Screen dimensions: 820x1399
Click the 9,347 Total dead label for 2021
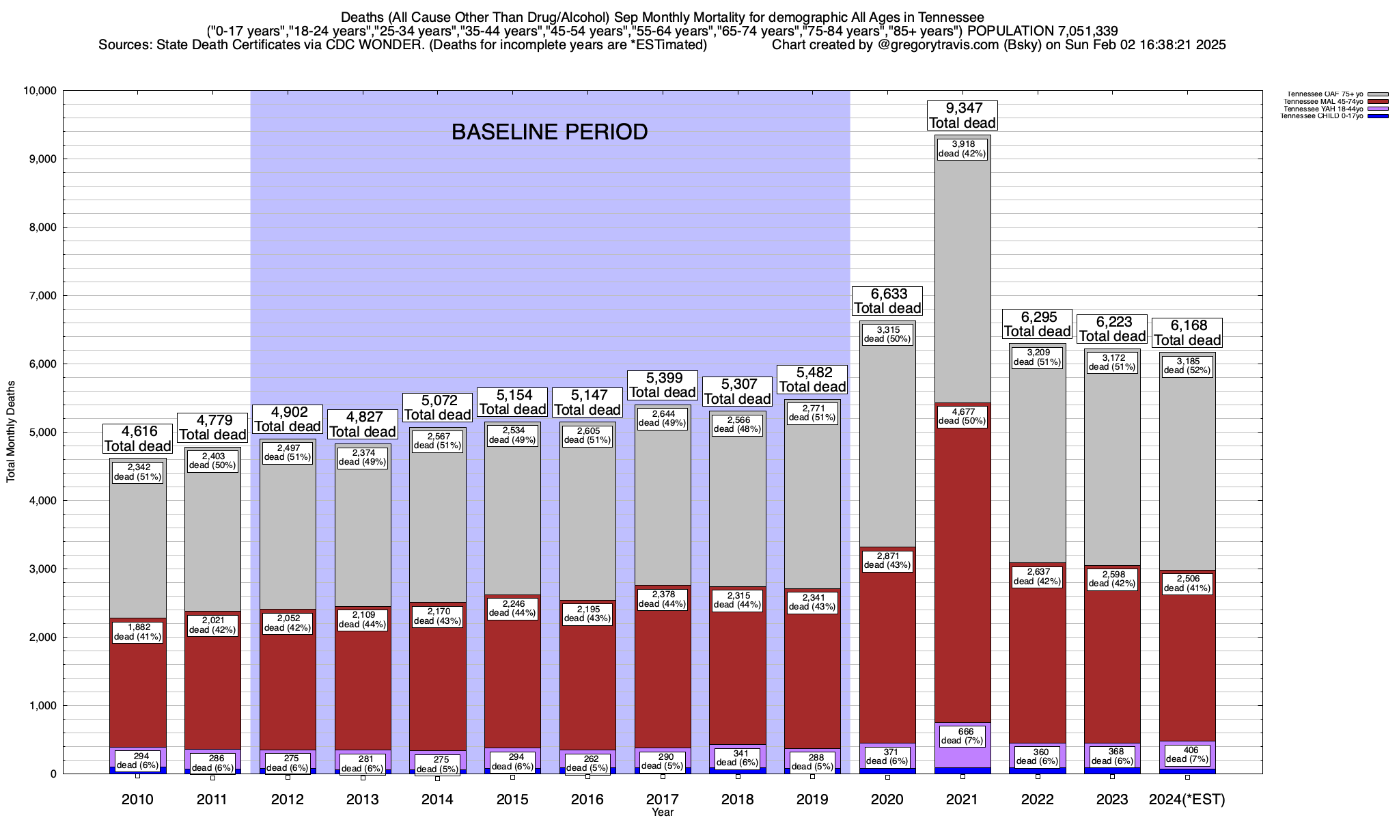pos(962,115)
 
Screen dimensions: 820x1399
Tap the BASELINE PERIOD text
pos(549,132)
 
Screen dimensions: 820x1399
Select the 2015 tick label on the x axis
pos(512,799)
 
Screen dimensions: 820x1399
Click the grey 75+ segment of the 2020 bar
pos(887,444)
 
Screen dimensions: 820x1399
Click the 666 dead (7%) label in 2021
pos(962,736)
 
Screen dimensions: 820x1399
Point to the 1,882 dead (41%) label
pos(137,632)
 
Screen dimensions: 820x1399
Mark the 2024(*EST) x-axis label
pos(1187,799)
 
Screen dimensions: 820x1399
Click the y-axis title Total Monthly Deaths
pos(11,431)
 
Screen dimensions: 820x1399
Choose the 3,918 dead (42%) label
pos(962,148)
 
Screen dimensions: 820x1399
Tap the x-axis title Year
pos(662,812)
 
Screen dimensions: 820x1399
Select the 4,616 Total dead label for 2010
pos(137,439)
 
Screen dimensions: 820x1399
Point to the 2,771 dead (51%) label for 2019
pos(812,413)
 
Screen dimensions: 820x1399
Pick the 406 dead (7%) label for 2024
pos(1187,754)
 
